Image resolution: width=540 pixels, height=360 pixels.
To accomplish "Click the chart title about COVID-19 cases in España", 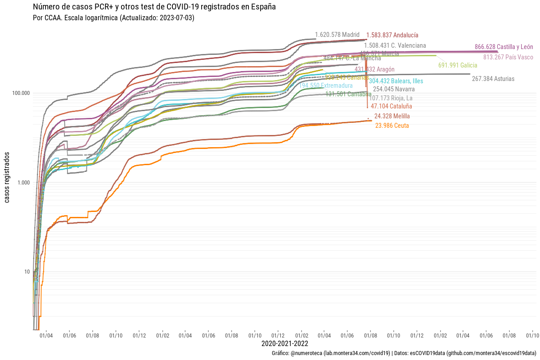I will pos(154,7).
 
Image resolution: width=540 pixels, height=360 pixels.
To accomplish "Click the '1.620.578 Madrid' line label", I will pos(337,35).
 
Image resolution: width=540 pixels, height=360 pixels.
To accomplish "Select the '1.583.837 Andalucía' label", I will pos(392,35).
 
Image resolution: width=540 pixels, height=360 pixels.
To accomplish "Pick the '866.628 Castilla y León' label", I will pos(504,47).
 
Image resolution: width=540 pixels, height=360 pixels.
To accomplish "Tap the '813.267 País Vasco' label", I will pos(508,57).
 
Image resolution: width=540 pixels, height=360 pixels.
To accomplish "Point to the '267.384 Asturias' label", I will pos(493,79).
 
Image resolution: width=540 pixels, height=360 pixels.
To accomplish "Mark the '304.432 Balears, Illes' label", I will pos(396,81).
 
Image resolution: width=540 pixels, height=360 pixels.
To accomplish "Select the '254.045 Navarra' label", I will pos(394,89).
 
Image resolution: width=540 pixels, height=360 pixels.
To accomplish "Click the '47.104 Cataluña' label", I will pos(391,106).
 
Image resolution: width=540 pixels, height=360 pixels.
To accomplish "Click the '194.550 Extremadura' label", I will pos(326,85).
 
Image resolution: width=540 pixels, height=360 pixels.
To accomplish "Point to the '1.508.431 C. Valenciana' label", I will pos(395,45).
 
